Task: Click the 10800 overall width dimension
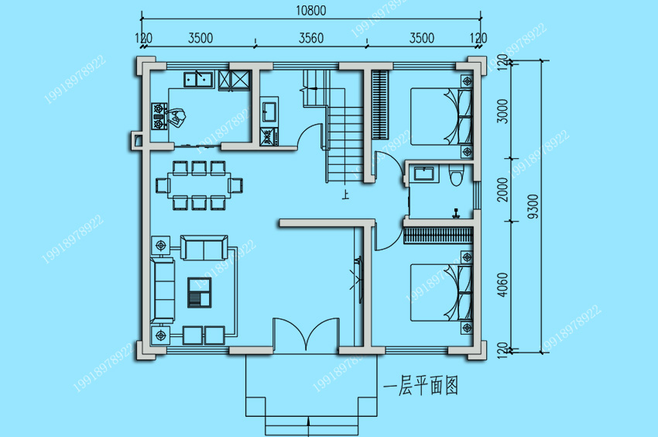coord(311,11)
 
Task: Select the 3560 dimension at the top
coord(311,38)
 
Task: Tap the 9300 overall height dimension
coord(533,206)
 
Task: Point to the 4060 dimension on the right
coord(502,285)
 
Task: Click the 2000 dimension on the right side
coord(502,190)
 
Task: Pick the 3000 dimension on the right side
coord(502,112)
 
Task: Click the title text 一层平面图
coord(421,386)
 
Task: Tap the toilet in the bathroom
coord(456,174)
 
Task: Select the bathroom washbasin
coord(424,174)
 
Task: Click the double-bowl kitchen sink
coord(198,79)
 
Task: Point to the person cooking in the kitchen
coord(176,117)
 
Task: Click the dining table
coord(199,185)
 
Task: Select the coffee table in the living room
coord(199,292)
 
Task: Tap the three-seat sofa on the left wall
coord(163,290)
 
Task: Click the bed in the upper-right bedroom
coord(441,116)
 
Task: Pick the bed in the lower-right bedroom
coord(441,292)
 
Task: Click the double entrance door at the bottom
coord(306,334)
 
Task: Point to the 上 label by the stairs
coord(345,194)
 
